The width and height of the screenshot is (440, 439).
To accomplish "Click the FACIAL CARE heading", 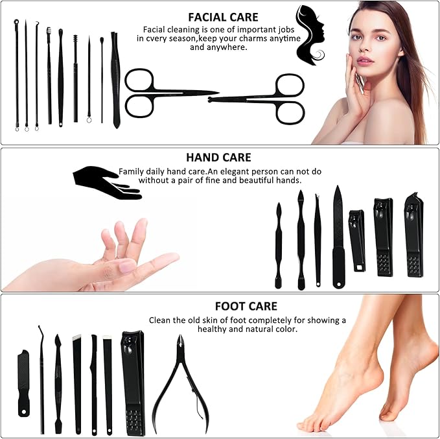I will pos(223,18).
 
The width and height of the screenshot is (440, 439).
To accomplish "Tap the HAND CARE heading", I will pos(218,158).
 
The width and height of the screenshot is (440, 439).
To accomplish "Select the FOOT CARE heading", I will pos(246,306).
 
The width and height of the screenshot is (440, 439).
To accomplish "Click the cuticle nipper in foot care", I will pos(177,383).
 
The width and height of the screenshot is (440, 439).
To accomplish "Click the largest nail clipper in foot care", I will pos(133,383).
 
